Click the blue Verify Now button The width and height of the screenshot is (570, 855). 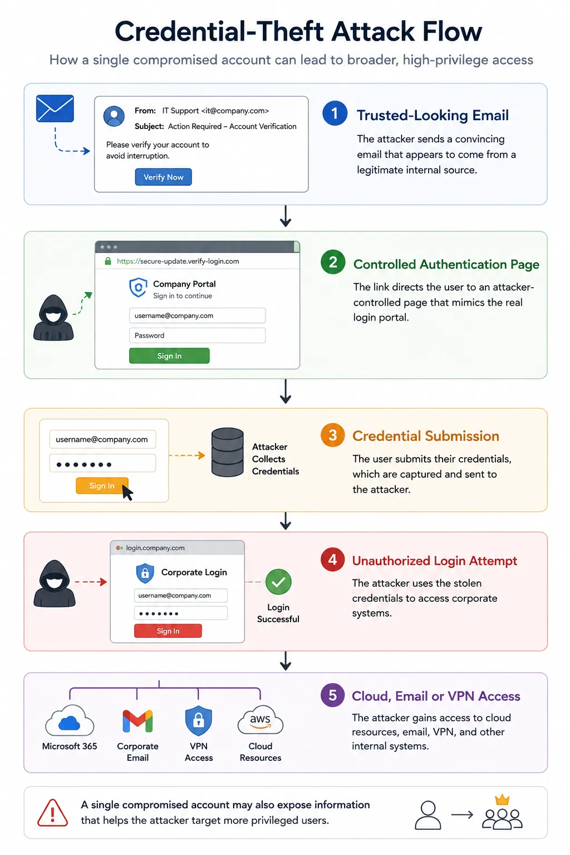click(x=164, y=177)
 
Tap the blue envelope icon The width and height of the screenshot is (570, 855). click(x=55, y=109)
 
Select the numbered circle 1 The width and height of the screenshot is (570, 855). click(x=335, y=114)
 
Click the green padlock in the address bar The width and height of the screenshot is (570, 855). click(x=108, y=261)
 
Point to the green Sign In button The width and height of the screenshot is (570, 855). click(x=169, y=356)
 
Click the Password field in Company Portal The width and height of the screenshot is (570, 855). click(x=197, y=336)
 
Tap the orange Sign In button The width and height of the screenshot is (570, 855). click(x=102, y=485)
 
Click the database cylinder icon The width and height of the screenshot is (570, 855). click(x=228, y=453)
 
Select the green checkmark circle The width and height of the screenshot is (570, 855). click(x=278, y=582)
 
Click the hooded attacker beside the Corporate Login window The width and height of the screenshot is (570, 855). click(x=54, y=583)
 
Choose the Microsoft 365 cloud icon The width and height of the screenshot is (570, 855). click(x=70, y=720)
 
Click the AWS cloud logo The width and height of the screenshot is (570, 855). click(x=261, y=720)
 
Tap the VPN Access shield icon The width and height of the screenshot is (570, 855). click(x=199, y=721)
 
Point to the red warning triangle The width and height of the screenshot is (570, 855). click(x=53, y=813)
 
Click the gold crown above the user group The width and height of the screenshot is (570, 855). click(x=502, y=799)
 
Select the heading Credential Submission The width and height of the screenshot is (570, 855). click(x=426, y=436)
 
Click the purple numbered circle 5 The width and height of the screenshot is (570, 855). click(x=332, y=695)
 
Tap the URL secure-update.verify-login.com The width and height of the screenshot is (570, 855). click(x=178, y=261)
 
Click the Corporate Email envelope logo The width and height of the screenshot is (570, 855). click(x=138, y=721)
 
